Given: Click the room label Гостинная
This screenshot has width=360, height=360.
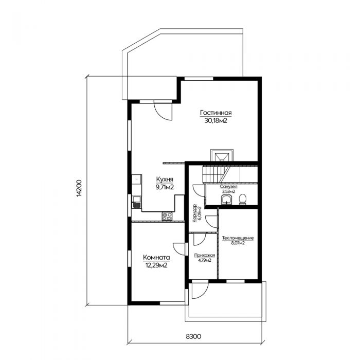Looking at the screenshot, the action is (216, 113).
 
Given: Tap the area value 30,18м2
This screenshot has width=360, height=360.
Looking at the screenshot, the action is (216, 121).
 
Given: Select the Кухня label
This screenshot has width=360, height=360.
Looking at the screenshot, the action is (165, 179).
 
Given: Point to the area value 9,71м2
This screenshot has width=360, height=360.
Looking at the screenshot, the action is (165, 187).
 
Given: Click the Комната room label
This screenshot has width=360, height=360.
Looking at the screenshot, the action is (156, 257).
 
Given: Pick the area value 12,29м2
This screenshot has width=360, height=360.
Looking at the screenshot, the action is (156, 265).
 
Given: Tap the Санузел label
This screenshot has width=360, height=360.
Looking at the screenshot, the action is (228, 187).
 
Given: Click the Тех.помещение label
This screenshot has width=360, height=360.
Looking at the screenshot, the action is (238, 238).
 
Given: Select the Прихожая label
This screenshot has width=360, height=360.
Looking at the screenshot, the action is (205, 256).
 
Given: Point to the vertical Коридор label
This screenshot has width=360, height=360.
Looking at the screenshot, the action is (195, 213).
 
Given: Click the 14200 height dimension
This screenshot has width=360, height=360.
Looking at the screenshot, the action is (79, 188).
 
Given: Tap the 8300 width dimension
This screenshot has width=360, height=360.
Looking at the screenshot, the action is (193, 337).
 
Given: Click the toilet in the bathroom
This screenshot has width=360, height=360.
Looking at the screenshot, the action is (242, 200).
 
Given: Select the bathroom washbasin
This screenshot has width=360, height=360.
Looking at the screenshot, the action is (227, 200).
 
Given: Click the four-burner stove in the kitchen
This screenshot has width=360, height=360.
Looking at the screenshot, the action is (167, 217).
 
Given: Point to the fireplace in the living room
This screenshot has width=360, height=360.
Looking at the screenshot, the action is (222, 155).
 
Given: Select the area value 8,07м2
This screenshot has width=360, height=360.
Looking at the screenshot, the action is (238, 243).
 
